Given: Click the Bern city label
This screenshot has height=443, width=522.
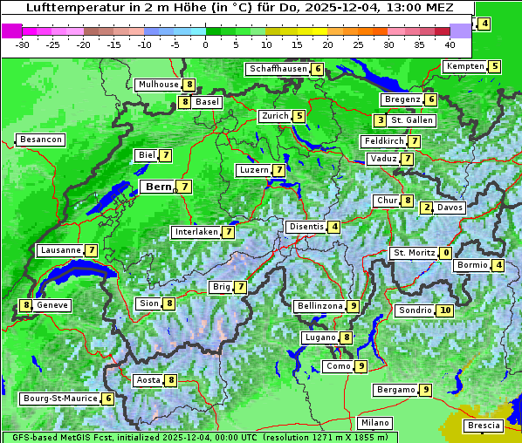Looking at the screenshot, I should click(158, 187).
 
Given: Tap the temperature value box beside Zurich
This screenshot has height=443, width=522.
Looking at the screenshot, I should click(299, 116).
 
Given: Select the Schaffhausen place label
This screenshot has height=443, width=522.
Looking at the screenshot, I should click(278, 69).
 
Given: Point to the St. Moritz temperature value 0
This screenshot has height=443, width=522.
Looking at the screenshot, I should click(446, 253).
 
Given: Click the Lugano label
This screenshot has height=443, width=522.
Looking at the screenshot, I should click(319, 337).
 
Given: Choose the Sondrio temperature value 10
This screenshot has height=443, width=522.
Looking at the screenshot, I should click(445, 310).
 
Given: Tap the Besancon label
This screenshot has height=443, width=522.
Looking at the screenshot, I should click(40, 140).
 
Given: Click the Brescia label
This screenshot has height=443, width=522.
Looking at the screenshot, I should click(484, 426).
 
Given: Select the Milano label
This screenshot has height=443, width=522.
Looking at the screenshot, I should click(375, 423).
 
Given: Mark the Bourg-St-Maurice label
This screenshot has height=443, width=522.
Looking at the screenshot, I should click(58, 399).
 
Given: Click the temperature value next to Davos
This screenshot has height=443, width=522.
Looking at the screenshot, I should click(427, 208).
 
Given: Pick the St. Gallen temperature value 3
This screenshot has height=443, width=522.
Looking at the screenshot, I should click(380, 120).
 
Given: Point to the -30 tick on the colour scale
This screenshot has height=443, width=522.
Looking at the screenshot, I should click(23, 44).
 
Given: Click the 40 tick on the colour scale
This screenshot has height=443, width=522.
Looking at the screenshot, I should click(450, 44).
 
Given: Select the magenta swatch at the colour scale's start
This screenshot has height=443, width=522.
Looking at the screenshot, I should click(11, 31).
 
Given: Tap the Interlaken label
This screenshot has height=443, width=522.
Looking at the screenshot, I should click(196, 232).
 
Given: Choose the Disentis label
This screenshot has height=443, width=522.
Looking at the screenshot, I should click(306, 227).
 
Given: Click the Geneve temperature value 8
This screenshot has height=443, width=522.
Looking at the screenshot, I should click(27, 305).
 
